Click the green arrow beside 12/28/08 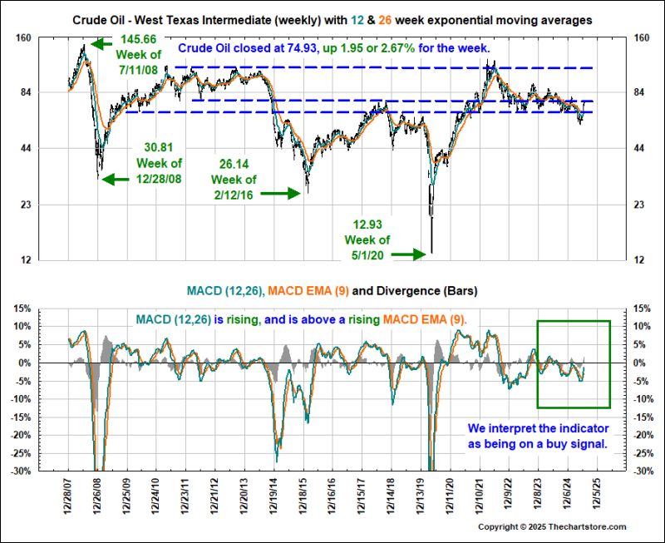[116, 176]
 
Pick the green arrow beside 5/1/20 [409, 254]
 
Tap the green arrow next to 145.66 [105, 43]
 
